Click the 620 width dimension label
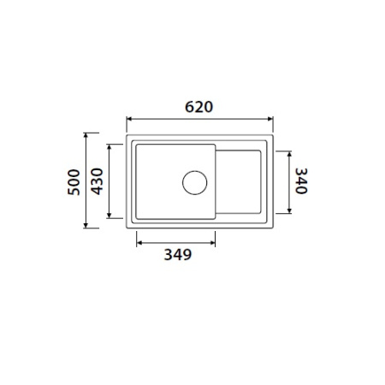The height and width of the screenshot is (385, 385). coord(198,107)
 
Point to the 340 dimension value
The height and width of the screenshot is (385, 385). coord(300,181)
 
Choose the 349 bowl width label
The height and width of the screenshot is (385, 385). coord(175,255)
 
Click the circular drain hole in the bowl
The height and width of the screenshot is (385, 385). coord(194,182)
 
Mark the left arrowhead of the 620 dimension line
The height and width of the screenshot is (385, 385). coord(129,120)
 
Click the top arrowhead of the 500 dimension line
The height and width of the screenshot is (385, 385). coord(86,135)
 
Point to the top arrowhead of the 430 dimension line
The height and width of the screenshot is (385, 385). coord(110,145)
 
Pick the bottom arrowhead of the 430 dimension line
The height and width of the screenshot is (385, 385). coord(110,218)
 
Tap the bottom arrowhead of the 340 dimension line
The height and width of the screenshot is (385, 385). coord(288,210)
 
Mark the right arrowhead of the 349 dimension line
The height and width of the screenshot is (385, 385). coord(213,241)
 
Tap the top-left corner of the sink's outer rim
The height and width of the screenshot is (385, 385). coord(127,135)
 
